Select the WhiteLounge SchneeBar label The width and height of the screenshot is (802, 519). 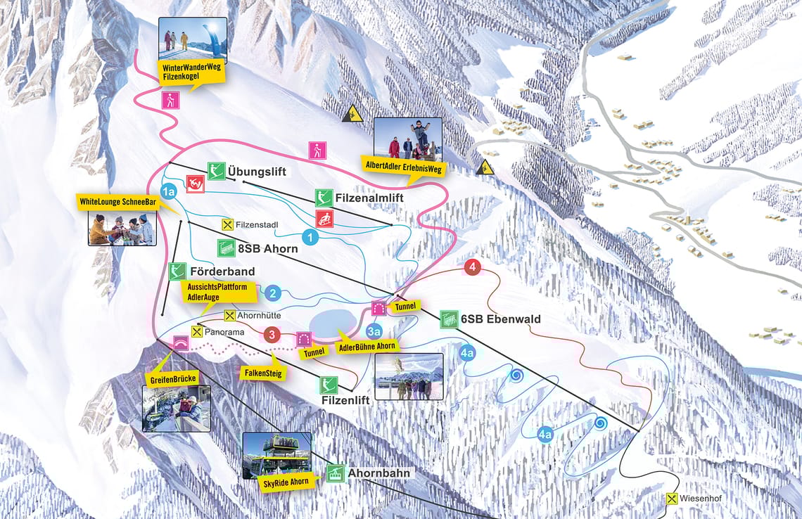pos(117,202)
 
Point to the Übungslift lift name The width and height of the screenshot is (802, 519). pos(257,171)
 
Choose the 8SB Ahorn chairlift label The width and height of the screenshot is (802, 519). pos(267,248)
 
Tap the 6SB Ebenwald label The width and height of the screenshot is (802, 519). pos(501,319)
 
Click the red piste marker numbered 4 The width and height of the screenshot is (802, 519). pos(473,268)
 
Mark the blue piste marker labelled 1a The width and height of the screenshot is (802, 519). pos(167,191)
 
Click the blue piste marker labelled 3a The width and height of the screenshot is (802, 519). pos(374,331)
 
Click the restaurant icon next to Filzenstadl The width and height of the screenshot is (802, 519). pos(227,225)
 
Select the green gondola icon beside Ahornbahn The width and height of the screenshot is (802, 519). pos(335,473)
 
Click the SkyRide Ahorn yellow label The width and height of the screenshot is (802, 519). pos(277,482)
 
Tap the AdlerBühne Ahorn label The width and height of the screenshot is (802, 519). pos(367,347)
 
